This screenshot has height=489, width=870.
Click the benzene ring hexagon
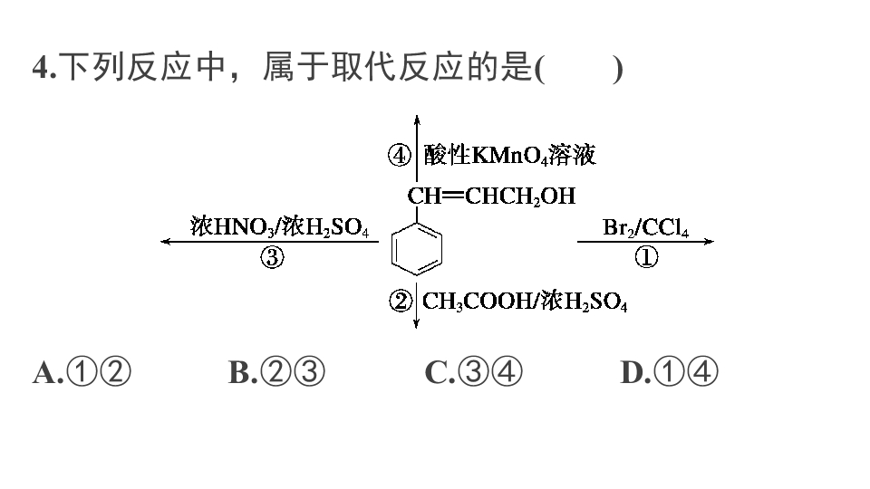coord(391,250)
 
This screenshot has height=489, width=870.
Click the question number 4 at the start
coord(41,68)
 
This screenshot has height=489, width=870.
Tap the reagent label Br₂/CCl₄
coord(645,227)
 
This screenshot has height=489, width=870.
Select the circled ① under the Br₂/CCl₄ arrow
coord(646,256)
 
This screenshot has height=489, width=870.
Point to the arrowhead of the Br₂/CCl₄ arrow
coord(710,241)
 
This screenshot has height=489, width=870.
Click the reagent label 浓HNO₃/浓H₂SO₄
coord(279,226)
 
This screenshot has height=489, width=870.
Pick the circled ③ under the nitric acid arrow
coord(272,257)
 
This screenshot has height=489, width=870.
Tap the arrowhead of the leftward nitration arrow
coord(164,241)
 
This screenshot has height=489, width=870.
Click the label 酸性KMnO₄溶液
coord(509,155)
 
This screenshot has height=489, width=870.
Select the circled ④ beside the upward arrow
coord(399,155)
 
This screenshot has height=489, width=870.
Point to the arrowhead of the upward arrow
coord(417,119)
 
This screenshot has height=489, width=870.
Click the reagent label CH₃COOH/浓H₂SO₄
coord(525,301)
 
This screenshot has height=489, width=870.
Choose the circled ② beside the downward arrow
coord(401,301)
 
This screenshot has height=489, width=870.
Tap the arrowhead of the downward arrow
coord(416,324)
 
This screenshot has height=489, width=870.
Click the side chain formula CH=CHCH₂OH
coord(491,197)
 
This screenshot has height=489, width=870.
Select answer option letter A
coord(44,372)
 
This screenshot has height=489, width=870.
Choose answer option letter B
coord(239,372)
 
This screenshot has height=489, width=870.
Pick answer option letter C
coord(436,372)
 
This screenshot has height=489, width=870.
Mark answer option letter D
coord(632,372)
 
